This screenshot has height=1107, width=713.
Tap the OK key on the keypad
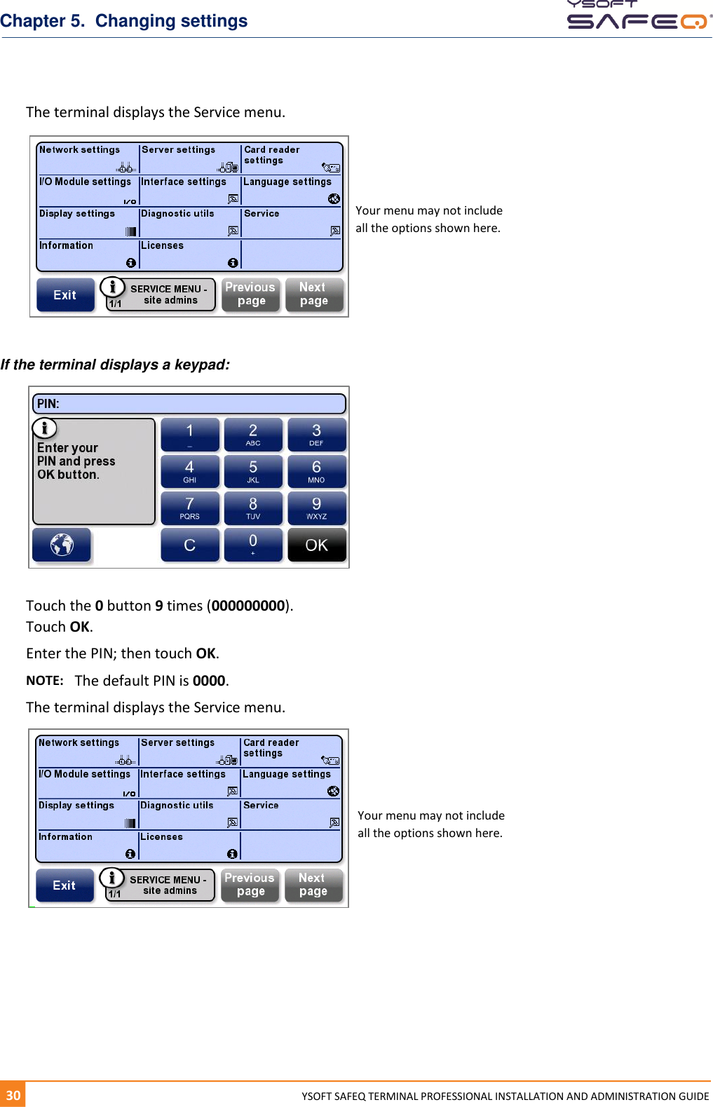point(316,545)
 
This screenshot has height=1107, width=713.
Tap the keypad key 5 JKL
point(253,471)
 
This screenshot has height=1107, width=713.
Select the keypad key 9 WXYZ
point(316,508)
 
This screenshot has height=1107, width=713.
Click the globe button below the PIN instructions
point(62,544)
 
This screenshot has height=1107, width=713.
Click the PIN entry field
point(189,404)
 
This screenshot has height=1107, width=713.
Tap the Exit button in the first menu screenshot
point(65,295)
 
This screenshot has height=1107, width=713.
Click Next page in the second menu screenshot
point(313,885)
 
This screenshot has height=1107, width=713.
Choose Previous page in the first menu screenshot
point(250,294)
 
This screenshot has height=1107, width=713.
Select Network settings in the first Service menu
point(88,158)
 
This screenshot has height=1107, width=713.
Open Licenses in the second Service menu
point(189,845)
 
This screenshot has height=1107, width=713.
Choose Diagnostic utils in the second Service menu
point(189,814)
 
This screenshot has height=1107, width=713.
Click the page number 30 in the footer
point(13,1095)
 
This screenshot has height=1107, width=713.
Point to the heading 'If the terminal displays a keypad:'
point(115,365)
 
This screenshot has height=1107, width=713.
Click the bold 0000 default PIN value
point(209,681)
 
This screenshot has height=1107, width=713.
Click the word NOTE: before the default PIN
point(44,681)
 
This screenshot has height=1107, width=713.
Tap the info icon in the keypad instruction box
point(44,428)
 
